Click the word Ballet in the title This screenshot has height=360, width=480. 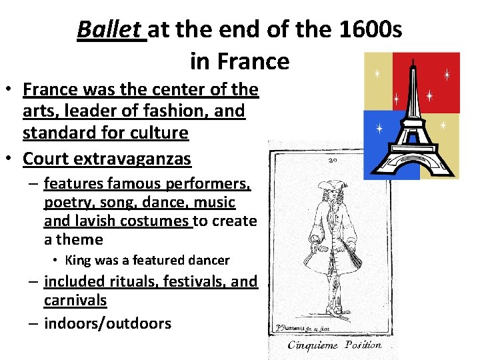[111, 30]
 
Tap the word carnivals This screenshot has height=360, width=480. [75, 301]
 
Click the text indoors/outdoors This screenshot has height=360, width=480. [107, 323]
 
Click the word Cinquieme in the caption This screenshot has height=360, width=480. [314, 345]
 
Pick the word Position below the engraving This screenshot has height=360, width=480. [364, 345]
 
